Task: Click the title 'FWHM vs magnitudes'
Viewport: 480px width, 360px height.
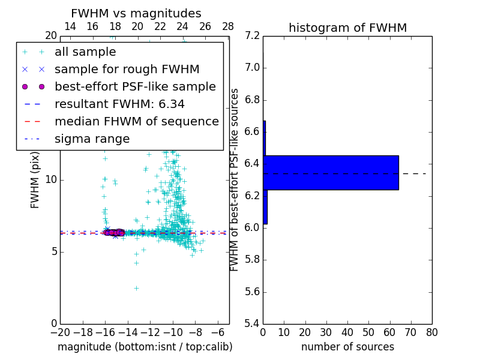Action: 136,13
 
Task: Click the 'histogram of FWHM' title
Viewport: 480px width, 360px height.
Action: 347,28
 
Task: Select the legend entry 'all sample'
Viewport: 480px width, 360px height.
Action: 85,52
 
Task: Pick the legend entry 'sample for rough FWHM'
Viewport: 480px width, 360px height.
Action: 127,69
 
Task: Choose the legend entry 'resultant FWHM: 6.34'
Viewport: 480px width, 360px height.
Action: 119,104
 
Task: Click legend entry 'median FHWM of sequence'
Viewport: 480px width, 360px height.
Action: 136,121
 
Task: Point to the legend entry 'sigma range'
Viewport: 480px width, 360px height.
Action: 92,139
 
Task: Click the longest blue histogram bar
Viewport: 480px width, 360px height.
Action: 331,172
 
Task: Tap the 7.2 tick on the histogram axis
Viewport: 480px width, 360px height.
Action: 252,35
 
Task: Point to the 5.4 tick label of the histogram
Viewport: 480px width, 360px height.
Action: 252,324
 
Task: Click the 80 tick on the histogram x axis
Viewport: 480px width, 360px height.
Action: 431,332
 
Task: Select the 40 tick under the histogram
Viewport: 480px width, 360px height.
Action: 347,332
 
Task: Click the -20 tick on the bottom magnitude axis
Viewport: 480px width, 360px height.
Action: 60,332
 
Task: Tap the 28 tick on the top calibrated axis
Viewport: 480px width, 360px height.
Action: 228,26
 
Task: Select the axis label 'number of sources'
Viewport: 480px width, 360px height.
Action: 347,347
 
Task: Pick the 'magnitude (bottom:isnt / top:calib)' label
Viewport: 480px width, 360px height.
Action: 145,347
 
